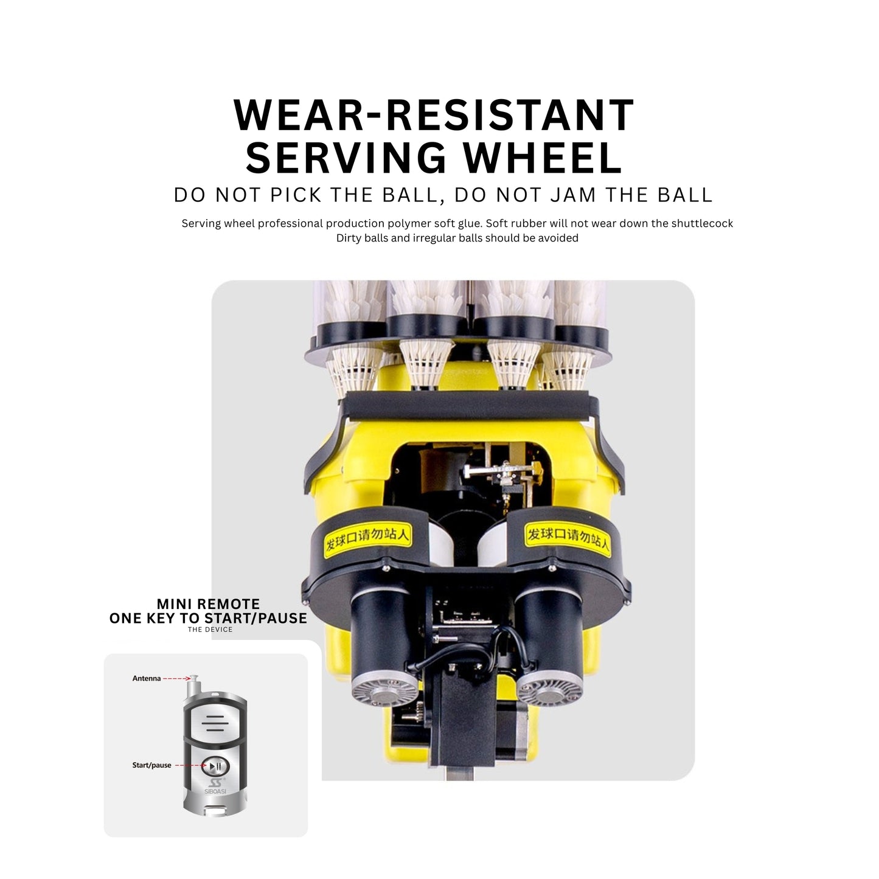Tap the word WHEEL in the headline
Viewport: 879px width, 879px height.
543,158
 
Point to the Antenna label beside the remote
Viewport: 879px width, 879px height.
147,678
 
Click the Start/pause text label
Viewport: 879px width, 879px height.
151,765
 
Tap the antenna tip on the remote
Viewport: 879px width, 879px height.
194,676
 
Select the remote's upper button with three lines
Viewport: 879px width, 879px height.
215,723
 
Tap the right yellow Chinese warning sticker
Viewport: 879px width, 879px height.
568,538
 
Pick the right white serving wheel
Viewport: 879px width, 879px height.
493,543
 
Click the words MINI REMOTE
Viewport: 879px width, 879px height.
208,604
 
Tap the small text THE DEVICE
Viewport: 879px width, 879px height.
210,630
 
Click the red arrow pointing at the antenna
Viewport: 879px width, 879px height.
176,679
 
